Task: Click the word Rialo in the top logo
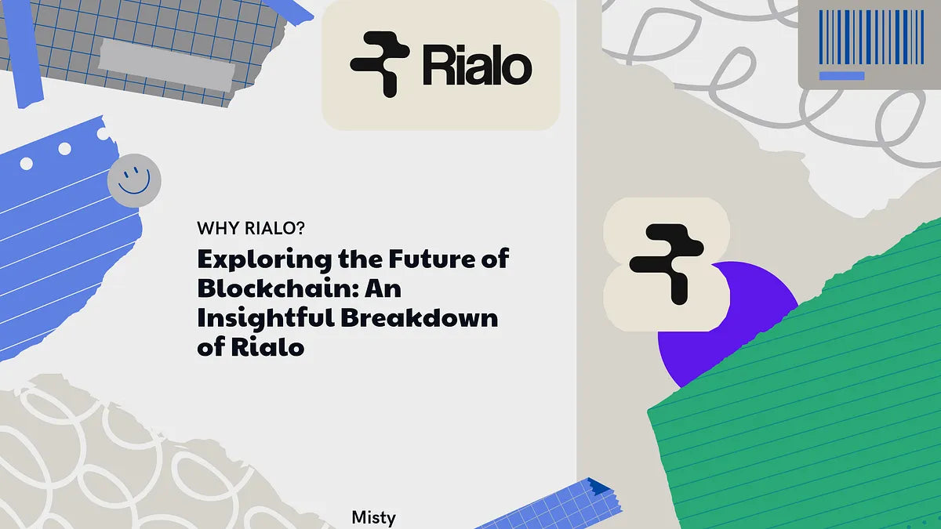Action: pos(477,66)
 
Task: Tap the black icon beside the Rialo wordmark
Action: pos(380,64)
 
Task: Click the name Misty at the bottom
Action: pos(374,518)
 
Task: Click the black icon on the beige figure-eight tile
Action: pos(667,263)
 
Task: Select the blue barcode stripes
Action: pos(870,37)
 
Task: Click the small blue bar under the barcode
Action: pos(841,76)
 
